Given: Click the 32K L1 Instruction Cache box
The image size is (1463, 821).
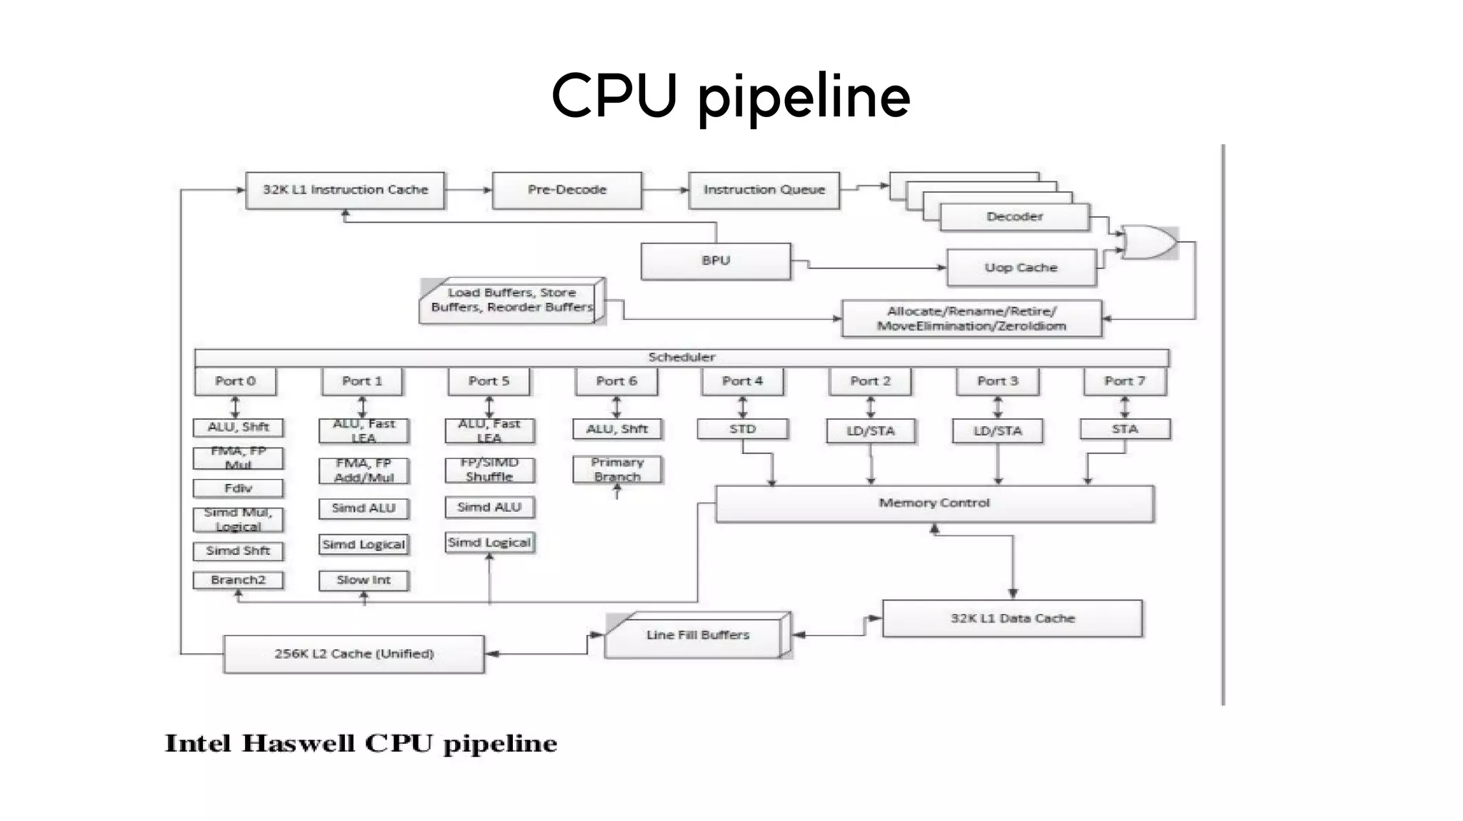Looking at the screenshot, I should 345,190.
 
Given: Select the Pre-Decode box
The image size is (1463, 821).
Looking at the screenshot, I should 567,190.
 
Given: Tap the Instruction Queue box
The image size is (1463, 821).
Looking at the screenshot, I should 764,190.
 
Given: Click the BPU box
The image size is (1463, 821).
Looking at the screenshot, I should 716,261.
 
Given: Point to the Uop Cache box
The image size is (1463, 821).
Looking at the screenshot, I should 1021,268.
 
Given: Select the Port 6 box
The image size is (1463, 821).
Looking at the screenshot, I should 616,381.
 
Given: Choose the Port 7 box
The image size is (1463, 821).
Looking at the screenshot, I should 1124,381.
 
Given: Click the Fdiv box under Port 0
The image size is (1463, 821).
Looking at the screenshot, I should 238,488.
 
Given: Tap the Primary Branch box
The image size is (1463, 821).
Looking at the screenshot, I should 617,469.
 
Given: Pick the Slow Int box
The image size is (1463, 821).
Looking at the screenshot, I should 364,580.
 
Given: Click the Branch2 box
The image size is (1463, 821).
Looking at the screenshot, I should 238,580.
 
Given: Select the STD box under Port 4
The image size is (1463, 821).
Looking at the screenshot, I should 742,429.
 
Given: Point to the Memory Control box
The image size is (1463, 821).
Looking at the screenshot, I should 934,503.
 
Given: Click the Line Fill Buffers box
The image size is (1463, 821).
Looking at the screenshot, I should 697,635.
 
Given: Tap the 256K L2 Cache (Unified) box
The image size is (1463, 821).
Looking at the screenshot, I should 354,654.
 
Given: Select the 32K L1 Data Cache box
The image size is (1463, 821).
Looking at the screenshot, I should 1012,618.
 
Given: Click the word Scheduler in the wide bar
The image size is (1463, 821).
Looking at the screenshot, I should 681,357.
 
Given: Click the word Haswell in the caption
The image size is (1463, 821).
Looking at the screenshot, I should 298,744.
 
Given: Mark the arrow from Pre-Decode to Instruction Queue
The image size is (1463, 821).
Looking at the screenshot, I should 665,190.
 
